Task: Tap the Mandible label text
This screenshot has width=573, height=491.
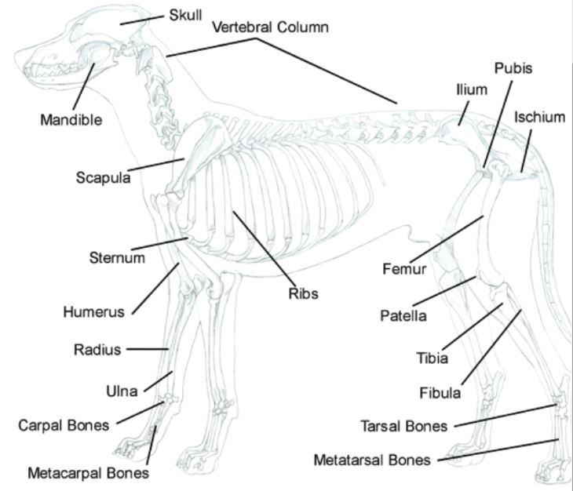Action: pyautogui.click(x=71, y=120)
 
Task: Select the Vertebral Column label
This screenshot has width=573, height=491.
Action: pyautogui.click(x=270, y=27)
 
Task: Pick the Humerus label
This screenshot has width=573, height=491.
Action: pyautogui.click(x=93, y=311)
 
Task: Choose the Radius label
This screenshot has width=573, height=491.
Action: pyautogui.click(x=97, y=350)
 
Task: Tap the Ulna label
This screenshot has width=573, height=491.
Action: pyautogui.click(x=122, y=390)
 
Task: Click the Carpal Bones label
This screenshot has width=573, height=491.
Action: pyautogui.click(x=67, y=425)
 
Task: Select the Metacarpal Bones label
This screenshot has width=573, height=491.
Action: pyautogui.click(x=88, y=473)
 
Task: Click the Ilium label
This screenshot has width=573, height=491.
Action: pyautogui.click(x=472, y=89)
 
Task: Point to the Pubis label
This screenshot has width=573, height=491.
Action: pyautogui.click(x=513, y=68)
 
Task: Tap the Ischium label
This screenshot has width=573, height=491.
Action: pyautogui.click(x=539, y=118)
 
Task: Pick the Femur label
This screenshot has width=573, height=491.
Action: pyautogui.click(x=404, y=270)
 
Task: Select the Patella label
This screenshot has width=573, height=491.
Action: pyautogui.click(x=403, y=316)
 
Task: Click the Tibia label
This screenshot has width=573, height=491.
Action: pyautogui.click(x=432, y=358)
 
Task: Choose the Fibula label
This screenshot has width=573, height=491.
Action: pyautogui.click(x=439, y=393)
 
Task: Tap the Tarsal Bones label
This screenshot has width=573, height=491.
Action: pyautogui.click(x=404, y=427)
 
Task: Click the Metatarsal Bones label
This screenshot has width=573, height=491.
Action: pyautogui.click(x=372, y=460)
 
